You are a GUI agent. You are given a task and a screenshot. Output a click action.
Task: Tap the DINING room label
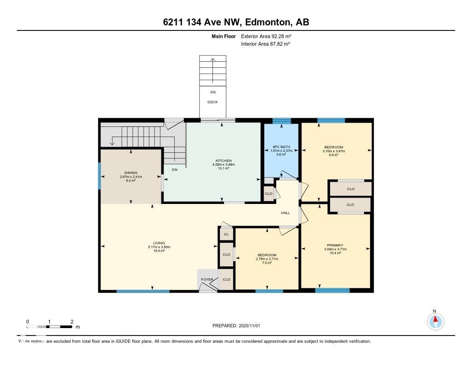coord(131,173)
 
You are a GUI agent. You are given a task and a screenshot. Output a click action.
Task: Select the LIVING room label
coord(159,243)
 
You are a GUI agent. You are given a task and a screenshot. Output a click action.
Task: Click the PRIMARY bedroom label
coord(335,245)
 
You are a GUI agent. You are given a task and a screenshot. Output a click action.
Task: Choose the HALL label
coord(285,213)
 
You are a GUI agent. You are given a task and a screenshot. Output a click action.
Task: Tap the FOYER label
coord(207,280)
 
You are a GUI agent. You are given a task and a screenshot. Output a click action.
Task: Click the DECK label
coord(212,102)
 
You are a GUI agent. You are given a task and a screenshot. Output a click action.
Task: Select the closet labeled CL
coord(226,234)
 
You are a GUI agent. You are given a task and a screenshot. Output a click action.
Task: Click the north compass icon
coord(435,320)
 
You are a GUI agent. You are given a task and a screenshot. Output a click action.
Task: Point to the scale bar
coord(49,327)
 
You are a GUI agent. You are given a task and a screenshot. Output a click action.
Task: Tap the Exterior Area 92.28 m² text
coord(266,36)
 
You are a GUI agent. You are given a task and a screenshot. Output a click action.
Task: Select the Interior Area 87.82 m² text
coord(265,44)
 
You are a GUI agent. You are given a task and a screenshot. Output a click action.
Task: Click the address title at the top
coord(236,22)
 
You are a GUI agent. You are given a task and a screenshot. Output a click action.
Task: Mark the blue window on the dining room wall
coord(100,176)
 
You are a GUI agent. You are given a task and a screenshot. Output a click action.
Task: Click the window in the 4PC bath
coord(281,121)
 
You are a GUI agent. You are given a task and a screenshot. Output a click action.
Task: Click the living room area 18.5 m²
coord(159,251)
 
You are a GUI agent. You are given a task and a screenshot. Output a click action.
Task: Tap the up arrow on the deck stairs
coord(212,60)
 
